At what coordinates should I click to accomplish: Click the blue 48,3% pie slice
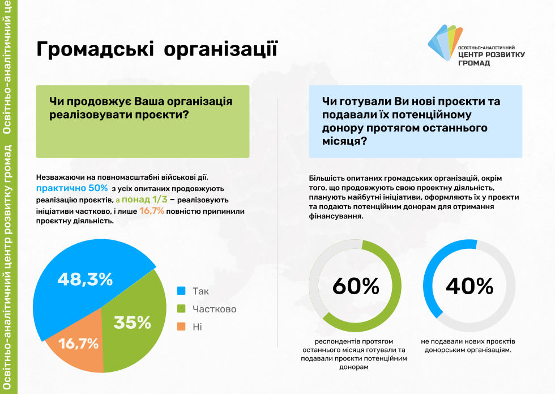(82, 280)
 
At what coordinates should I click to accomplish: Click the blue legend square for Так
(181, 291)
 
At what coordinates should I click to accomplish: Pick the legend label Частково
(214, 309)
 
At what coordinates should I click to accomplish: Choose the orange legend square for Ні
(181, 327)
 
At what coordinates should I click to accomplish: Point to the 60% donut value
(356, 286)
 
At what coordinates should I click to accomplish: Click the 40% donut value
(469, 286)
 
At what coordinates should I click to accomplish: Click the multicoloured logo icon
(445, 42)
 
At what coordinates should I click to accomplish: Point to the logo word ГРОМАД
(474, 63)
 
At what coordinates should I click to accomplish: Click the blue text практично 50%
(72, 188)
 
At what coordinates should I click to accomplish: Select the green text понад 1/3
(144, 200)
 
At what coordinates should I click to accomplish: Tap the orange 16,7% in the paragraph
(152, 211)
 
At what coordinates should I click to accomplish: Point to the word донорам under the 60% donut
(354, 367)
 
